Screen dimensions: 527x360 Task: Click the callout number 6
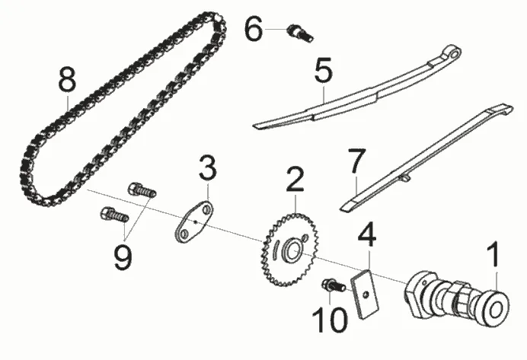pyautogui.click(x=254, y=30)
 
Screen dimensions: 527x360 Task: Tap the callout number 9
pyautogui.click(x=123, y=254)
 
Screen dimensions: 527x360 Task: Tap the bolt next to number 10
pyautogui.click(x=332, y=285)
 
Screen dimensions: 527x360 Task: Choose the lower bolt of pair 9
pyautogui.click(x=113, y=216)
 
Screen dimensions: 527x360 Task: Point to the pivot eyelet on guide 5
pyautogui.click(x=455, y=54)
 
